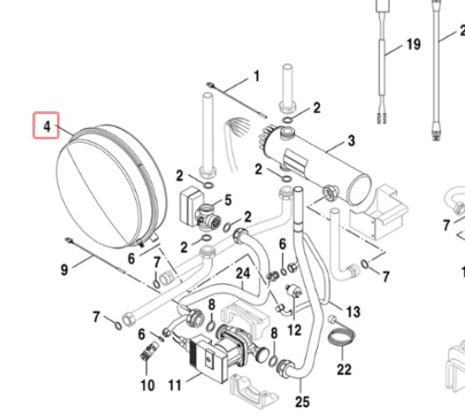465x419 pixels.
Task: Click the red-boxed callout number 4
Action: click(x=46, y=126)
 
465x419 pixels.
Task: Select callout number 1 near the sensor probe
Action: click(x=257, y=76)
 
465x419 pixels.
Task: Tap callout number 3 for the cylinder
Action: click(x=351, y=141)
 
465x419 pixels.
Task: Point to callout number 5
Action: click(x=228, y=200)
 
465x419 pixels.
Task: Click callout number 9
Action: click(x=64, y=270)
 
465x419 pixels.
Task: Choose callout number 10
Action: click(x=147, y=386)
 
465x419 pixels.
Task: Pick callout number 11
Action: click(x=175, y=386)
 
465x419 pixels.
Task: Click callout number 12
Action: click(x=294, y=330)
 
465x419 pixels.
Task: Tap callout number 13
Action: click(x=353, y=312)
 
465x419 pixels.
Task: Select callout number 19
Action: click(x=413, y=44)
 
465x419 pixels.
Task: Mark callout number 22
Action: click(x=344, y=370)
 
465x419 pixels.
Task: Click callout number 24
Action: click(x=243, y=273)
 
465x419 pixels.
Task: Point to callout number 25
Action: click(x=302, y=402)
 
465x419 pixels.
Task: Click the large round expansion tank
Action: click(x=110, y=187)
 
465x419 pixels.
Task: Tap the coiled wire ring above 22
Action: click(x=342, y=337)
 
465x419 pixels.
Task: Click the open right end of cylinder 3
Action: click(x=359, y=190)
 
